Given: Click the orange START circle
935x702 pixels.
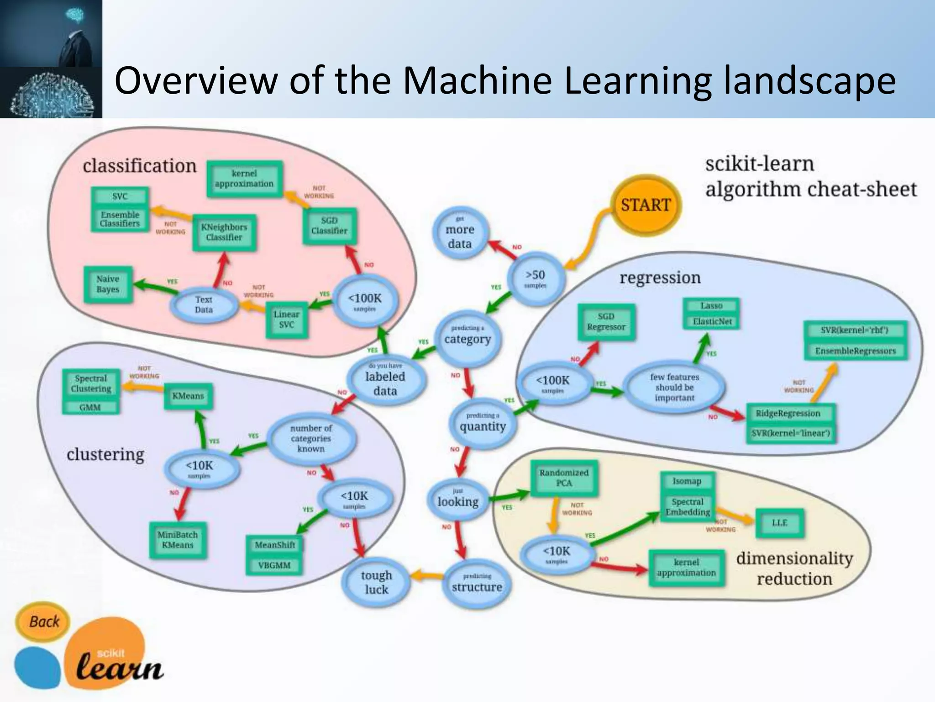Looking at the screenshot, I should [x=646, y=205].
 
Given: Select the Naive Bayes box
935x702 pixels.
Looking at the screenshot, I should [x=108, y=284].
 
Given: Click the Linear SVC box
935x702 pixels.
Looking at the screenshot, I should [x=287, y=319].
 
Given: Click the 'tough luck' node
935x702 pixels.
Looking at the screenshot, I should [x=376, y=582].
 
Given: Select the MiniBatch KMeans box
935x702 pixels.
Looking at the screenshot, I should [x=178, y=540].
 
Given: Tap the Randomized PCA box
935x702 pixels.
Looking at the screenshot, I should [x=564, y=478].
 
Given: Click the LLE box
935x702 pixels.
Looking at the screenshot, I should [x=779, y=522].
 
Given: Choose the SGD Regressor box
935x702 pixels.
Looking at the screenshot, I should [x=606, y=322].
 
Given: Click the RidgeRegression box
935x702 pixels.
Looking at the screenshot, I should [x=788, y=413].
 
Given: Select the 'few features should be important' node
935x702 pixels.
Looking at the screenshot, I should [x=674, y=387].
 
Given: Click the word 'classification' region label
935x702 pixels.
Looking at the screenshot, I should [x=139, y=166].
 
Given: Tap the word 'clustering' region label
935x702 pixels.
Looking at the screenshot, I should [x=105, y=454].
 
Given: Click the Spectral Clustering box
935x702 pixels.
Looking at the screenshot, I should [x=91, y=383].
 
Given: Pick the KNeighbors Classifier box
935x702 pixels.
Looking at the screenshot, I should [x=224, y=232].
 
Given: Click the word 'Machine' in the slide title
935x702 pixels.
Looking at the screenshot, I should [x=477, y=81].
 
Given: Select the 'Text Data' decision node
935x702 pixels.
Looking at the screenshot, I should [x=204, y=304].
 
